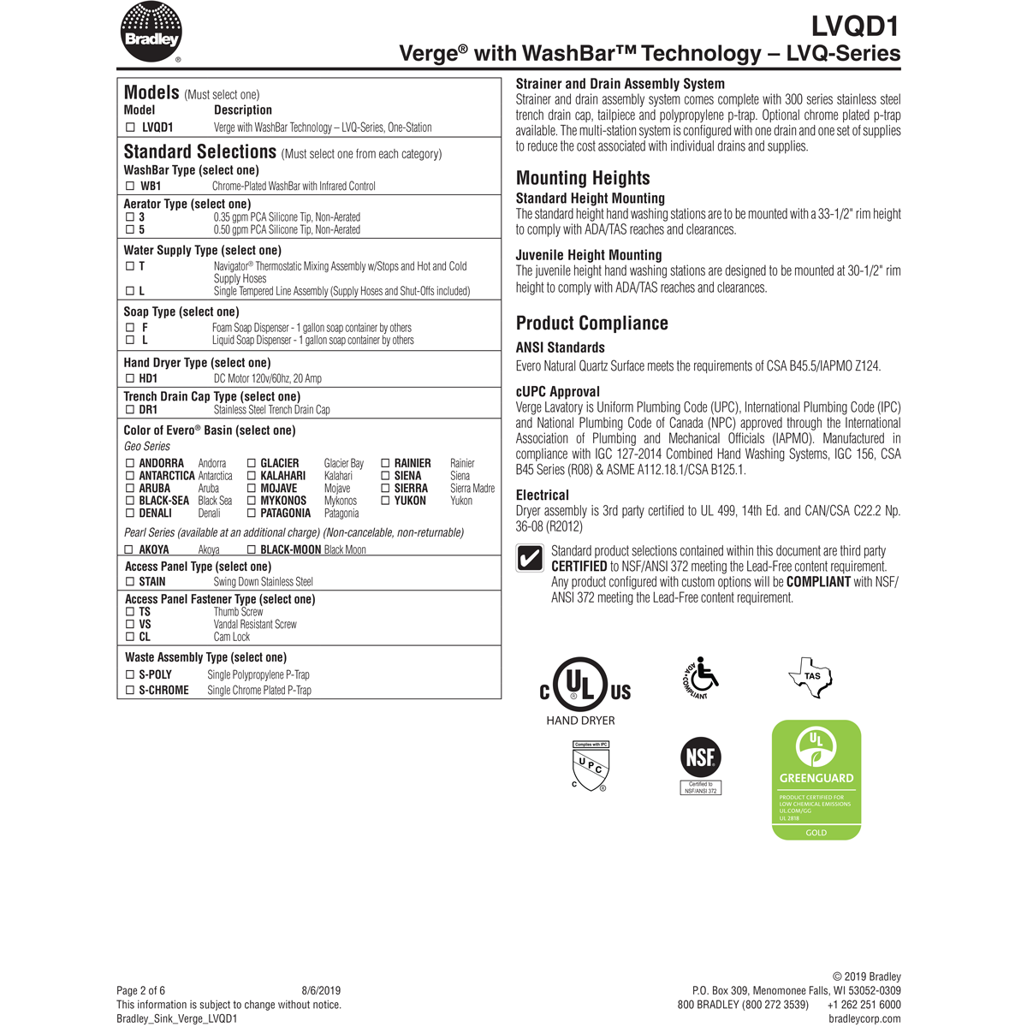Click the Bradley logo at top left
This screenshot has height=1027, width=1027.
(151, 33)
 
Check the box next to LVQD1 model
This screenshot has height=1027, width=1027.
(131, 128)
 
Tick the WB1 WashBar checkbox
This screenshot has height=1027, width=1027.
(131, 186)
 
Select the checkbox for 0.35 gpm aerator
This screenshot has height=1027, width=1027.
(131, 217)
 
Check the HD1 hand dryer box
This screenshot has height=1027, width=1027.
(131, 378)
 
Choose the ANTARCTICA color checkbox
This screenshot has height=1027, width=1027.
(131, 476)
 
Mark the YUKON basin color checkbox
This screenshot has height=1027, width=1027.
(386, 501)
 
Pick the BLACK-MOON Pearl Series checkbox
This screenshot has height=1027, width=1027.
(252, 550)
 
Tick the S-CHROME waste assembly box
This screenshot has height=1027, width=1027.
(131, 690)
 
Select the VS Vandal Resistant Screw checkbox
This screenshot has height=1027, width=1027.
(131, 625)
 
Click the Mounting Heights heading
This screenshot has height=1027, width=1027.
(583, 178)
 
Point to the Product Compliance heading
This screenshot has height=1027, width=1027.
(591, 324)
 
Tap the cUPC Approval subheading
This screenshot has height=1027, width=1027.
(557, 392)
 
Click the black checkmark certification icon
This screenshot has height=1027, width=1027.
(530, 558)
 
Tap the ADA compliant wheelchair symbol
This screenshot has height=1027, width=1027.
(701, 678)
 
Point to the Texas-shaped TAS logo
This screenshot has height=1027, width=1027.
(810, 677)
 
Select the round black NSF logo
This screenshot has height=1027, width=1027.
(701, 757)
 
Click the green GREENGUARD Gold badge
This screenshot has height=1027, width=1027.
(816, 780)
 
